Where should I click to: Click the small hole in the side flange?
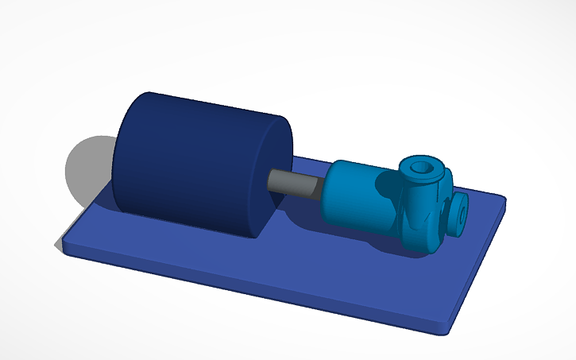462,214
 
